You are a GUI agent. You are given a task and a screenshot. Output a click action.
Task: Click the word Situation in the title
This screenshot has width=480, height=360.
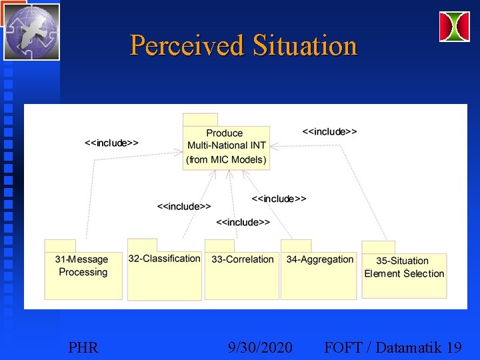pos(305,46)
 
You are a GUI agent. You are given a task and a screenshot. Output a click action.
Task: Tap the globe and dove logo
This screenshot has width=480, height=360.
pos(31,31)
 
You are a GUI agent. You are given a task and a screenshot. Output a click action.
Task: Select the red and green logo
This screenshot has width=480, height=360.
pos(454,27)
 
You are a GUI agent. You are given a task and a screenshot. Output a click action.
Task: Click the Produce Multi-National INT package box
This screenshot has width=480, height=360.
pos(226,146)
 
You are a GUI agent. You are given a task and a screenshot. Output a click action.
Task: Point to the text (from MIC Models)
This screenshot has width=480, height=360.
pos(227,159)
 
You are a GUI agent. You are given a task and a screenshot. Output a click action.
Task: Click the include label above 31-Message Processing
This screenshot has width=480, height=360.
pos(112,143)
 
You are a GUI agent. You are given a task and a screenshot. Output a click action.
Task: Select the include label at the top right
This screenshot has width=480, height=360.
pos(329,131)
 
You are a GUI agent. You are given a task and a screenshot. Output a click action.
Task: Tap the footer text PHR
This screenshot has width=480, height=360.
pos(83,347)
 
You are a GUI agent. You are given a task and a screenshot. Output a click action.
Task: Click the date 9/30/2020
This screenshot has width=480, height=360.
pos(259,347)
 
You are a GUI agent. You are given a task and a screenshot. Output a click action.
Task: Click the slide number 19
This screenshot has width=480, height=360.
pos(455,347)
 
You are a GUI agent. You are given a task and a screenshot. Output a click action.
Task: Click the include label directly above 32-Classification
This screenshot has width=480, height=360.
pos(184,207)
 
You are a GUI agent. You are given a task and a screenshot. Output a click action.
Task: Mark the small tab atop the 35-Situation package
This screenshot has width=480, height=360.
pos(378,247)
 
